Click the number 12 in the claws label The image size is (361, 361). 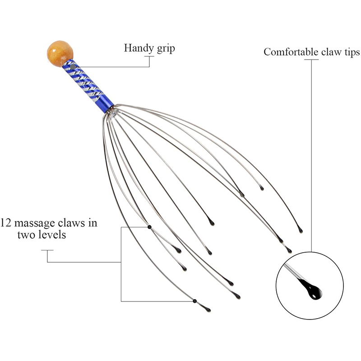coord(6,223)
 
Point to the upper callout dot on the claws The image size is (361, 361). coord(149,227)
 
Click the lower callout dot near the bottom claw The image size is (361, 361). coord(194,301)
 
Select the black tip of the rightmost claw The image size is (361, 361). coord(300,231)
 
